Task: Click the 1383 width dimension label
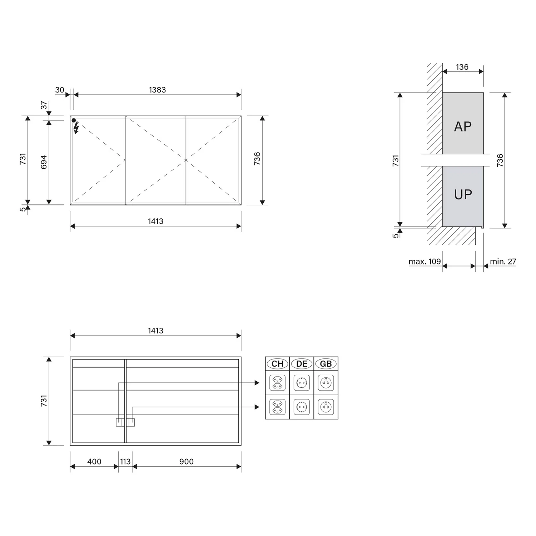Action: (x=157, y=90)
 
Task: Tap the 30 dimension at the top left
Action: (x=60, y=90)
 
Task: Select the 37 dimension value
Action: (x=44, y=105)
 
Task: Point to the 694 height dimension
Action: (x=44, y=162)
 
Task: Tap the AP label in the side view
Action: (x=463, y=126)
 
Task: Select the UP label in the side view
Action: (x=463, y=194)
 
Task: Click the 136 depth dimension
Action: (x=462, y=67)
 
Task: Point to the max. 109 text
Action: (x=425, y=262)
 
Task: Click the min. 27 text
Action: (x=503, y=262)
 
